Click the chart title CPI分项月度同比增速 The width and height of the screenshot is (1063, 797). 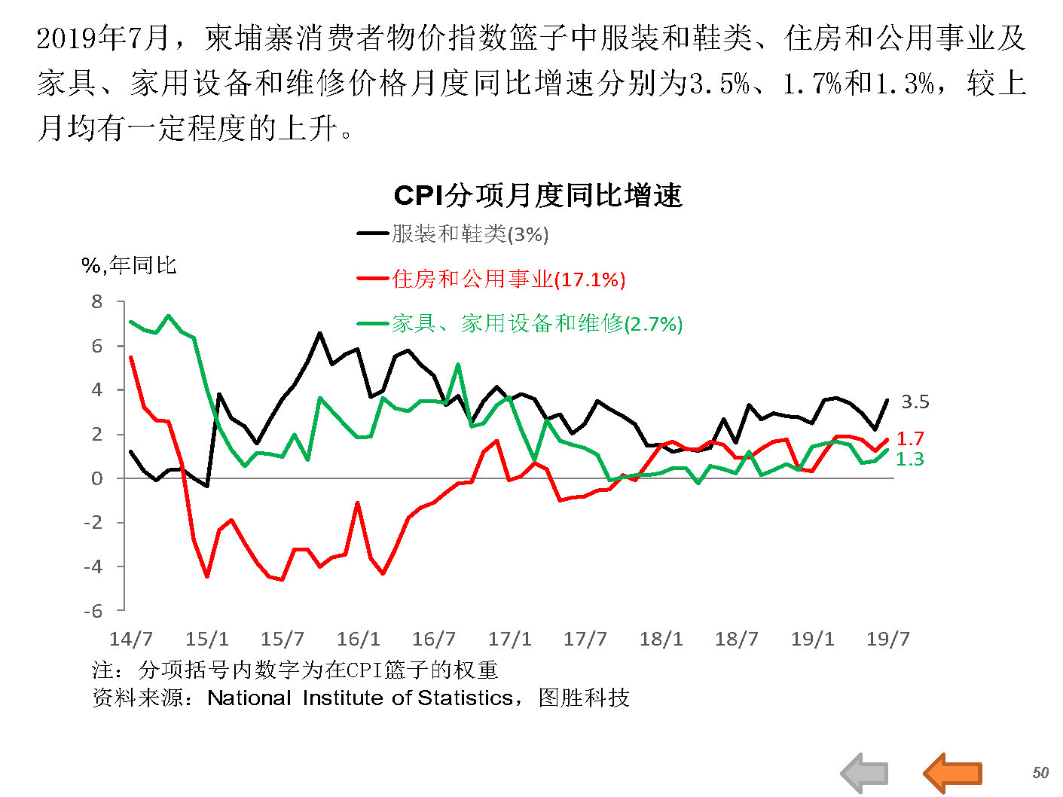pyautogui.click(x=537, y=196)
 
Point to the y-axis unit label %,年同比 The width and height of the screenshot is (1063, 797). pyautogui.click(x=129, y=265)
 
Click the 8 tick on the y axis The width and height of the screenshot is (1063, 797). pyautogui.click(x=97, y=302)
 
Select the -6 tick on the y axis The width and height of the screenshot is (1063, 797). pyautogui.click(x=93, y=611)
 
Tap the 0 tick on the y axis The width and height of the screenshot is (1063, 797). pyautogui.click(x=97, y=478)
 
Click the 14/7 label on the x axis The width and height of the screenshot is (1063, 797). pyautogui.click(x=131, y=640)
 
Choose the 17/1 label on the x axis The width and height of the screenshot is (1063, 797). pyautogui.click(x=510, y=640)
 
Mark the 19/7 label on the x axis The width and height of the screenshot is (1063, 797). pyautogui.click(x=888, y=640)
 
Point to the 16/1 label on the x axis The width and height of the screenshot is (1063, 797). pyautogui.click(x=359, y=640)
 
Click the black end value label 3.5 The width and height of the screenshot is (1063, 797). pyautogui.click(x=915, y=402)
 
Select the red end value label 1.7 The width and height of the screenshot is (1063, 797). pyautogui.click(x=910, y=438)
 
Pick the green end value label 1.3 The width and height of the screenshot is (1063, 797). pyautogui.click(x=910, y=459)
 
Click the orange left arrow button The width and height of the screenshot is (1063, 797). pyautogui.click(x=953, y=772)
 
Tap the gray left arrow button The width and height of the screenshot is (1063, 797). pyautogui.click(x=864, y=772)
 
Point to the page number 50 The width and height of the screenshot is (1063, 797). pyautogui.click(x=1040, y=773)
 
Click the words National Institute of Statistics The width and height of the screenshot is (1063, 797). pyautogui.click(x=360, y=698)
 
